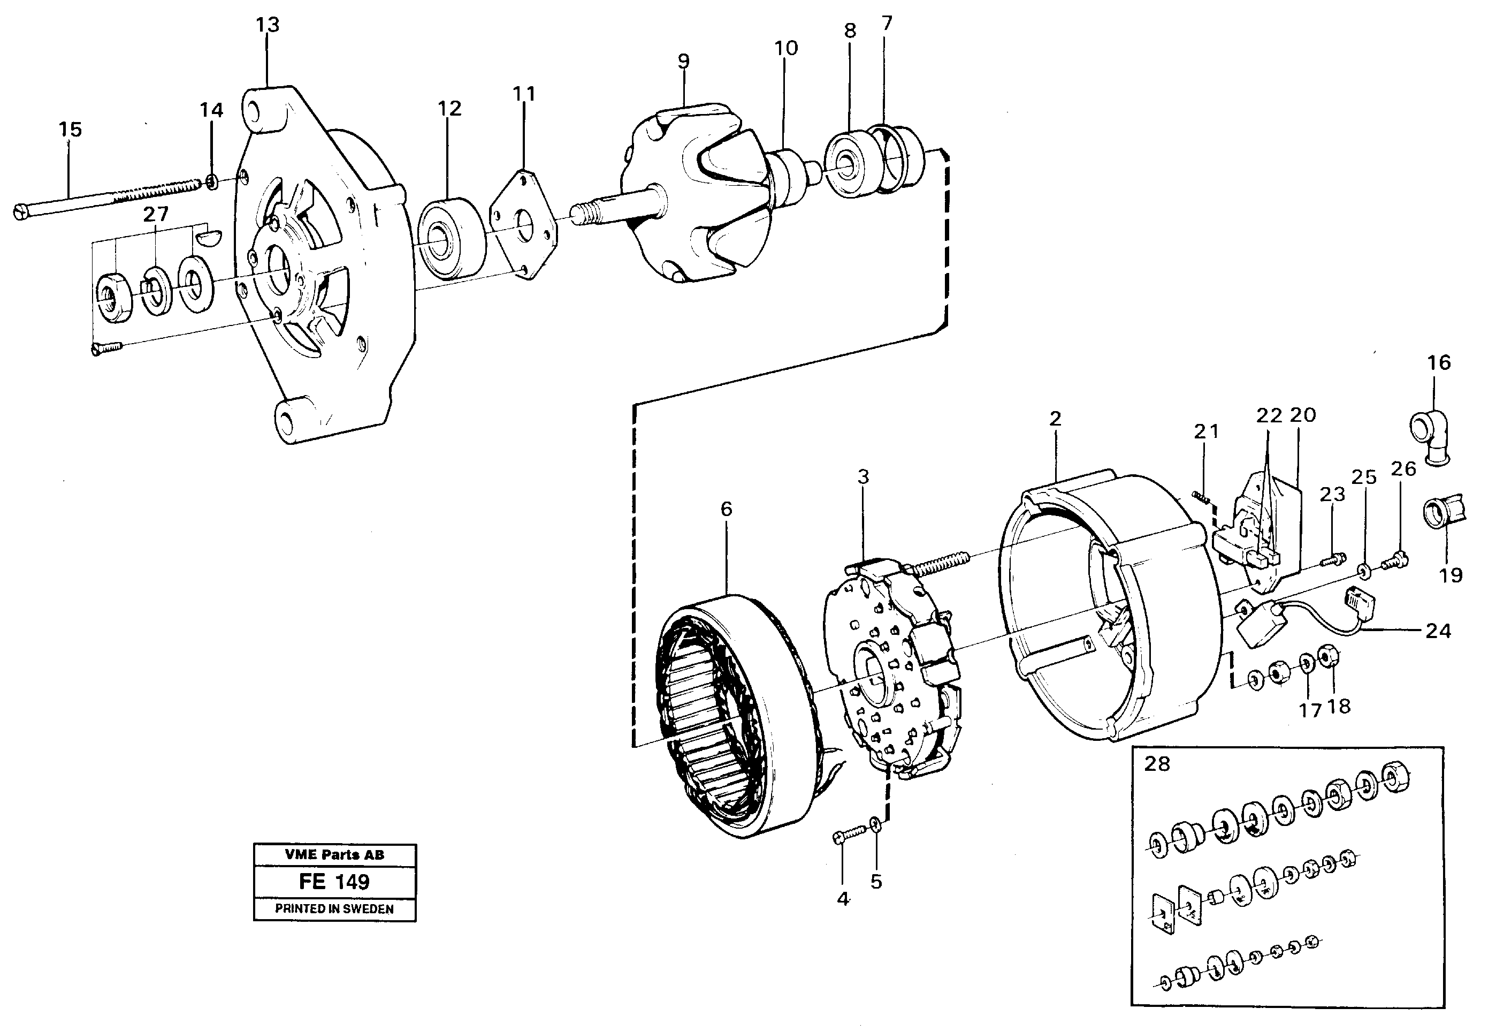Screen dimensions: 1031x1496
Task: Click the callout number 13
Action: (268, 25)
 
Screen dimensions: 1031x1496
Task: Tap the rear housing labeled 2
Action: (1111, 607)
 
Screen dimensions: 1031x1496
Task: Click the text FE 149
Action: (334, 882)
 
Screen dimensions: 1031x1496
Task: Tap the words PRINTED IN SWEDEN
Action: (334, 909)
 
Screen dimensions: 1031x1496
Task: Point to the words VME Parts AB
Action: (334, 855)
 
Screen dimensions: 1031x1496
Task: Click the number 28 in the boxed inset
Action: (1156, 764)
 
